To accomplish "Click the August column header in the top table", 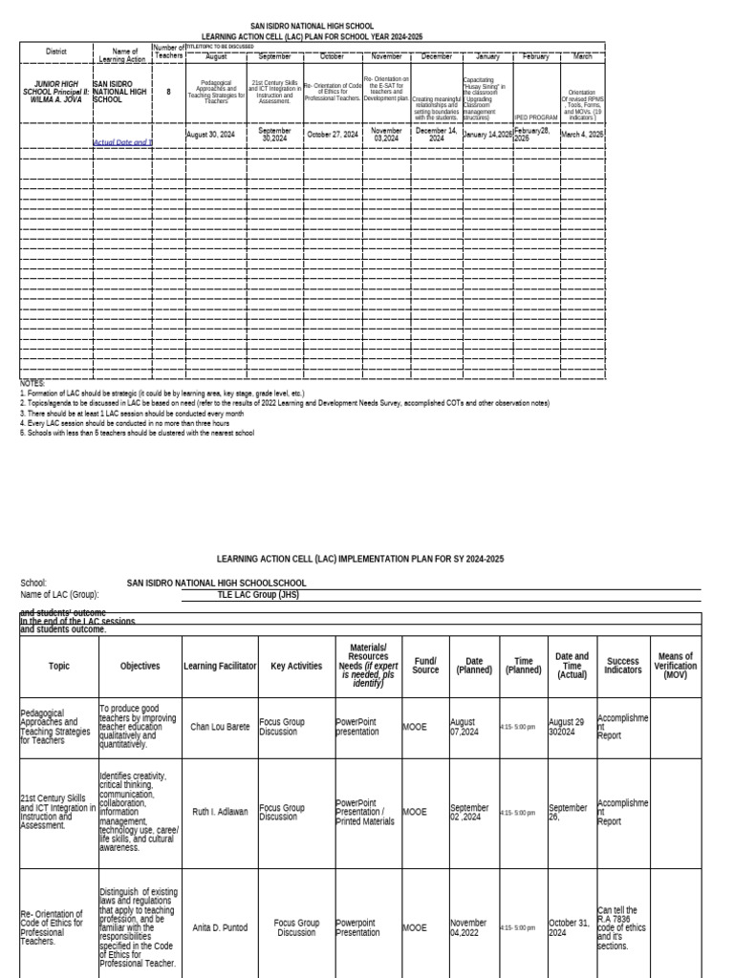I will coord(216,56).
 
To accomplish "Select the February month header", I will coord(536,56).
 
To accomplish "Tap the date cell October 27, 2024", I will coord(333,135).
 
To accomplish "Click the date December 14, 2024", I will coord(436,135).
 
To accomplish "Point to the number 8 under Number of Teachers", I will coord(168,92).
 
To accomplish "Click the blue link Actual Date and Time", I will coord(121,142).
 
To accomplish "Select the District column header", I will coord(55,52).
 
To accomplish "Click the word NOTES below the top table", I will coord(32,383).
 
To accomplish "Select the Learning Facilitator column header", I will coord(221,666).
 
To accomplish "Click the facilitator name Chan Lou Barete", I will coord(221,727).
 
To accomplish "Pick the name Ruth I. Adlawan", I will coord(220,812).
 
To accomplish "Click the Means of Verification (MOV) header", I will coord(676,666).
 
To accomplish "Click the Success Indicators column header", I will coord(623,666).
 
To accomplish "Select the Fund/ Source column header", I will coord(425,666).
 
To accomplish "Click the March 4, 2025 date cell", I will coord(582,135).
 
